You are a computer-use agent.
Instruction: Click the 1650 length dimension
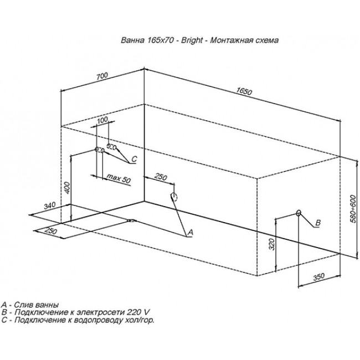244,91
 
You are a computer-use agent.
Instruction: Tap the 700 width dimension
102,76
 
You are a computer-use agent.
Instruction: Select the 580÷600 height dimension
353,209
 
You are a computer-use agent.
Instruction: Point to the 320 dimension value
271,244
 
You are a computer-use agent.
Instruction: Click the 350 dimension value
319,277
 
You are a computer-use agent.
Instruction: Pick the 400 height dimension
67,188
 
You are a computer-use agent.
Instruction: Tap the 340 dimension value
50,205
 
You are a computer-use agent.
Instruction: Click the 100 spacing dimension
102,120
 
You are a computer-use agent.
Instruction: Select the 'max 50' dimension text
119,178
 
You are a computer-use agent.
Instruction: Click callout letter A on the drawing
191,233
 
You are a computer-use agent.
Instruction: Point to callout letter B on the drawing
318,223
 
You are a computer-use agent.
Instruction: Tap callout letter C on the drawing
135,159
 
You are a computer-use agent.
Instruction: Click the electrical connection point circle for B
299,213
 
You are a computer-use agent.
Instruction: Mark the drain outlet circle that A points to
174,197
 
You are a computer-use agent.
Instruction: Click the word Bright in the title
192,40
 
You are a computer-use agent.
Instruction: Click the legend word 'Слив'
23,305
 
